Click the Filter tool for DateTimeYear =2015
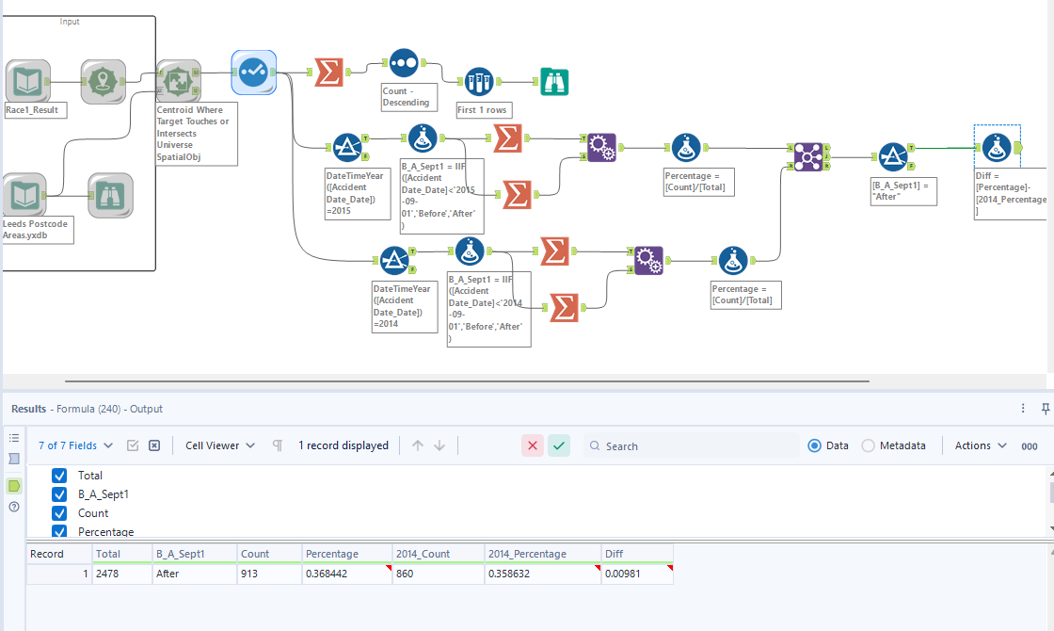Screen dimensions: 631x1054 click(x=347, y=148)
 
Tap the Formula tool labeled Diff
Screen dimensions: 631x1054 click(x=997, y=148)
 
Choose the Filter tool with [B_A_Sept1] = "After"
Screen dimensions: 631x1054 click(x=893, y=157)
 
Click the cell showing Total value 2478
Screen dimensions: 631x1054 click(x=120, y=574)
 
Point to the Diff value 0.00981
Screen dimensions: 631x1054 click(x=635, y=574)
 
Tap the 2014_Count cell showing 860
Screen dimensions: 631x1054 click(x=437, y=574)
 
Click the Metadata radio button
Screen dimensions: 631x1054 click(x=868, y=445)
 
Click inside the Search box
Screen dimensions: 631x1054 click(x=696, y=445)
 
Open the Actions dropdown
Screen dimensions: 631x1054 click(x=981, y=445)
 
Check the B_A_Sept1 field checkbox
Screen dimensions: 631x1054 click(x=60, y=494)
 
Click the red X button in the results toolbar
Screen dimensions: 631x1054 click(x=533, y=445)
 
